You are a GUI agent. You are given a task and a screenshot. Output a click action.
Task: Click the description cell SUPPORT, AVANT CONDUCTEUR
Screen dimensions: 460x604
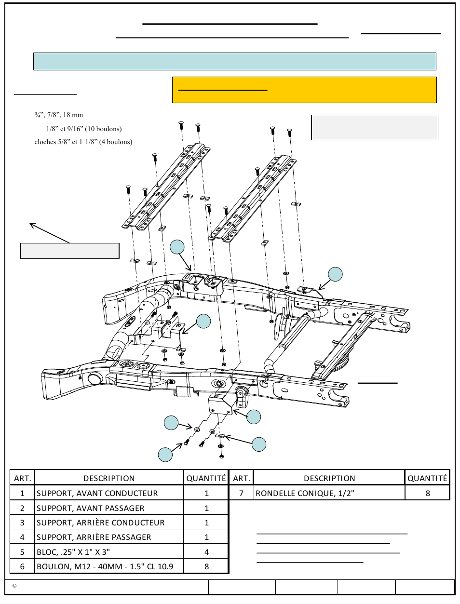click(109, 493)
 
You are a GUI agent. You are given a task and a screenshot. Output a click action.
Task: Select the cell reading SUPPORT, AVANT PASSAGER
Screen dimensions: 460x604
click(109, 508)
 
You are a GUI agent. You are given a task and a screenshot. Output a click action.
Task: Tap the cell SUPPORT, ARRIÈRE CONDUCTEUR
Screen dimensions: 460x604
click(109, 522)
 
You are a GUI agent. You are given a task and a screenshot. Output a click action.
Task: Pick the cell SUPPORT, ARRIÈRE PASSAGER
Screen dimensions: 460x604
click(109, 537)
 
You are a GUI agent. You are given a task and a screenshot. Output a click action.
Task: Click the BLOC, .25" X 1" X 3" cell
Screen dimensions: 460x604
click(109, 552)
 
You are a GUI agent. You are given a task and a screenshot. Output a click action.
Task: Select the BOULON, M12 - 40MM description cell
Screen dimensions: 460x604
click(109, 566)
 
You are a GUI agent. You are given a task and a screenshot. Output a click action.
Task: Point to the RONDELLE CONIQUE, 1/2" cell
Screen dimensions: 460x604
click(329, 493)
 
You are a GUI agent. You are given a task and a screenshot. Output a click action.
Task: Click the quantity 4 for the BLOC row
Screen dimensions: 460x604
click(206, 552)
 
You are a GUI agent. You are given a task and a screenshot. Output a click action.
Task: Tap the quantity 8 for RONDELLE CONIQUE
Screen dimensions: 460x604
click(428, 493)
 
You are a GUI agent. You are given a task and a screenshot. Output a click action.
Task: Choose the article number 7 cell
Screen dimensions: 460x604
click(241, 493)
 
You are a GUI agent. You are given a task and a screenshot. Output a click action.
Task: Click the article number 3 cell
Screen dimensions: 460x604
click(22, 522)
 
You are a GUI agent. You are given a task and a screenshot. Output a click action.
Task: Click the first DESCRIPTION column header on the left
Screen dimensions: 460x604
click(109, 478)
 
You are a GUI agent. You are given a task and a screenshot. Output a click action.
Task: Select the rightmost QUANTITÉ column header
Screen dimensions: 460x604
click(428, 478)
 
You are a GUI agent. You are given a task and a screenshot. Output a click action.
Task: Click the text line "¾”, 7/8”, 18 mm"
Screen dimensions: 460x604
click(59, 115)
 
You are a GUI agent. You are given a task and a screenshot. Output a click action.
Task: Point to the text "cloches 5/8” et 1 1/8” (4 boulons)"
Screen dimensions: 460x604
click(83, 142)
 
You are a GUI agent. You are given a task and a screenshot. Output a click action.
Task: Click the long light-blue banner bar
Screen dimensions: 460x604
click(235, 61)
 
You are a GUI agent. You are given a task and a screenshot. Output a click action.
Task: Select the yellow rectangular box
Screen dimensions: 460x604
click(304, 90)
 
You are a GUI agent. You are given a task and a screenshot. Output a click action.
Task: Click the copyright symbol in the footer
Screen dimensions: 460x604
click(14, 586)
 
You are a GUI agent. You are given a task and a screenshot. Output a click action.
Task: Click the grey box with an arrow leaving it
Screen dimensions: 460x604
click(69, 251)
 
